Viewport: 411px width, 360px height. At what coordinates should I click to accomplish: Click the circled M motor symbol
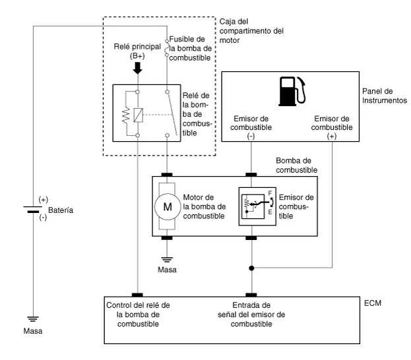coord(168,206)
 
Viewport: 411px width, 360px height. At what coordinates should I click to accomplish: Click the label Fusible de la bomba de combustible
coord(191,49)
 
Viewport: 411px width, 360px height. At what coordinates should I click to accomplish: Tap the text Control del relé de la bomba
coord(138,310)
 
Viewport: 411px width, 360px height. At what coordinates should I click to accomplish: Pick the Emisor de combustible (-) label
coord(251,127)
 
